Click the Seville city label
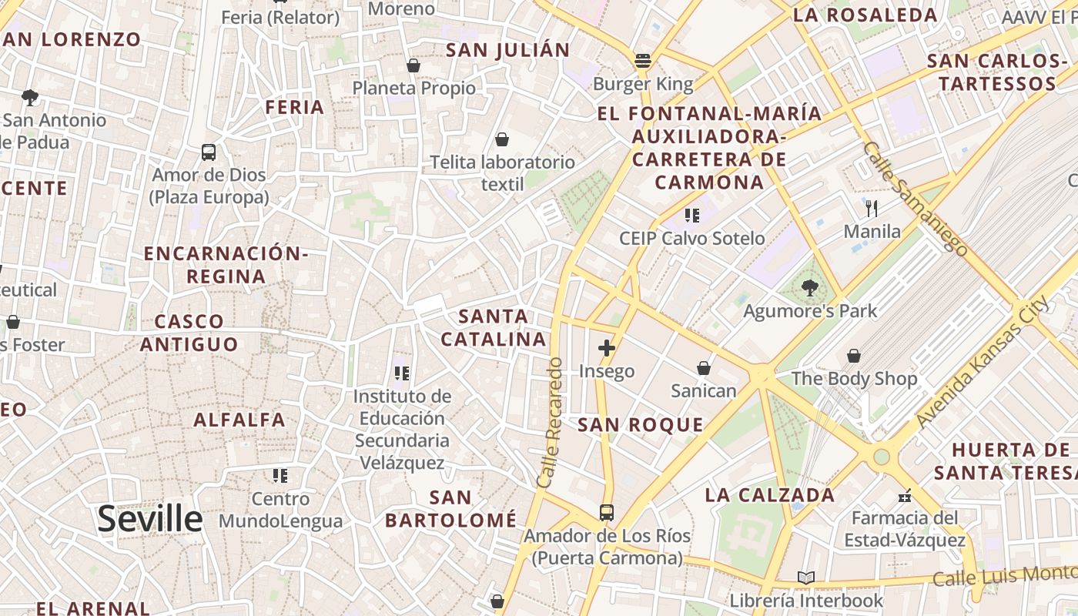coord(150,519)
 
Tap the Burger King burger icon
coord(643,60)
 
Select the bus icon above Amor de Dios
coord(209,152)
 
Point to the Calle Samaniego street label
coord(915,197)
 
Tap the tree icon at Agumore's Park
coord(809,289)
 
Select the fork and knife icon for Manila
coord(872,208)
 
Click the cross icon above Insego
coord(607,348)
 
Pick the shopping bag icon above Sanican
coord(703,368)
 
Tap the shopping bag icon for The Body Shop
coord(854,356)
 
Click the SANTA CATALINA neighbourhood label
coord(494,327)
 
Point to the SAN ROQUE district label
coord(641,425)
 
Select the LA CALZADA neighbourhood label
coord(770,495)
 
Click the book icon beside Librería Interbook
coord(806,577)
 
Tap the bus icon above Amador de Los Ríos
coord(607,512)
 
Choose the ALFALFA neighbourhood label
coord(239,420)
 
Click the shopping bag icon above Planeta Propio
coord(413,65)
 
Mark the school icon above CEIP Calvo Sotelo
coord(691,216)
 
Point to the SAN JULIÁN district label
coord(508,50)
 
